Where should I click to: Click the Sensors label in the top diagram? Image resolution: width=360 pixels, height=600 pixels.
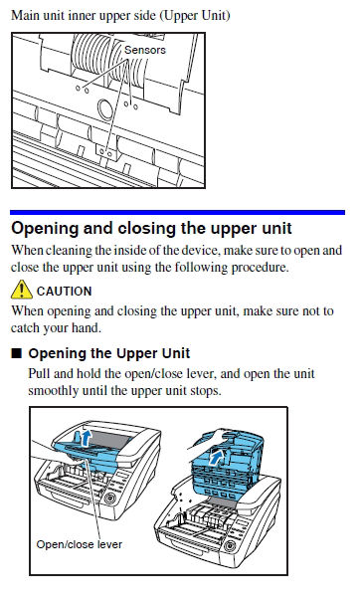point(145,50)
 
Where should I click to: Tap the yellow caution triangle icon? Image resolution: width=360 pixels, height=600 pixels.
point(22,290)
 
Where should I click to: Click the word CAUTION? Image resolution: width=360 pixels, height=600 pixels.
point(65,292)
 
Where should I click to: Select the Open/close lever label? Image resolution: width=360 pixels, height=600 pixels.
point(80,544)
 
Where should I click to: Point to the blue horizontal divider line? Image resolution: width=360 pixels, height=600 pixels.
point(177,212)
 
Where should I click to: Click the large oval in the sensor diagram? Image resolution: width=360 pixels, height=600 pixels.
point(105,109)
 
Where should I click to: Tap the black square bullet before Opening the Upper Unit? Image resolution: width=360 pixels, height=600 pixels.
point(17,353)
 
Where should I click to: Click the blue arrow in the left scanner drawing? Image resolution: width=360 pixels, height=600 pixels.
point(87,437)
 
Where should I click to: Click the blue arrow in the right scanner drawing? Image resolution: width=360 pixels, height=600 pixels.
point(218,457)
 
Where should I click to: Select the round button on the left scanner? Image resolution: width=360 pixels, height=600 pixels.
point(109,499)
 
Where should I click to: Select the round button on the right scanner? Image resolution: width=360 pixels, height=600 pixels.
point(230,545)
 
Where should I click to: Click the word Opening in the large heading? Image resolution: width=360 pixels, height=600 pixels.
point(45,229)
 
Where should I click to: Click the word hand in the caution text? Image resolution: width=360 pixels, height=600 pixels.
point(89,328)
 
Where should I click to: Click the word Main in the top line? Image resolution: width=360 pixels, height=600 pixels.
point(24,16)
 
